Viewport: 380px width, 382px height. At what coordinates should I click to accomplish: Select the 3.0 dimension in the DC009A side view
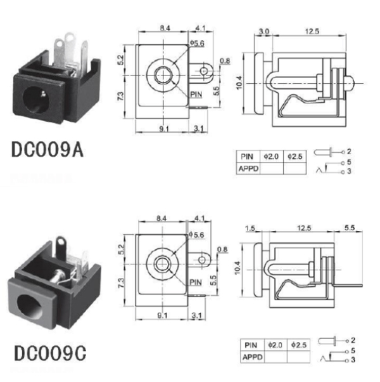[x=264, y=31]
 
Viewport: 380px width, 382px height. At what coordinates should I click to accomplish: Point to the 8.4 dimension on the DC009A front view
[x=164, y=29]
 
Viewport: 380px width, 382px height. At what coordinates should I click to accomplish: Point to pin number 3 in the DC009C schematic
[x=353, y=360]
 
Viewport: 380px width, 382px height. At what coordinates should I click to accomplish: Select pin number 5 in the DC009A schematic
[x=350, y=162]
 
